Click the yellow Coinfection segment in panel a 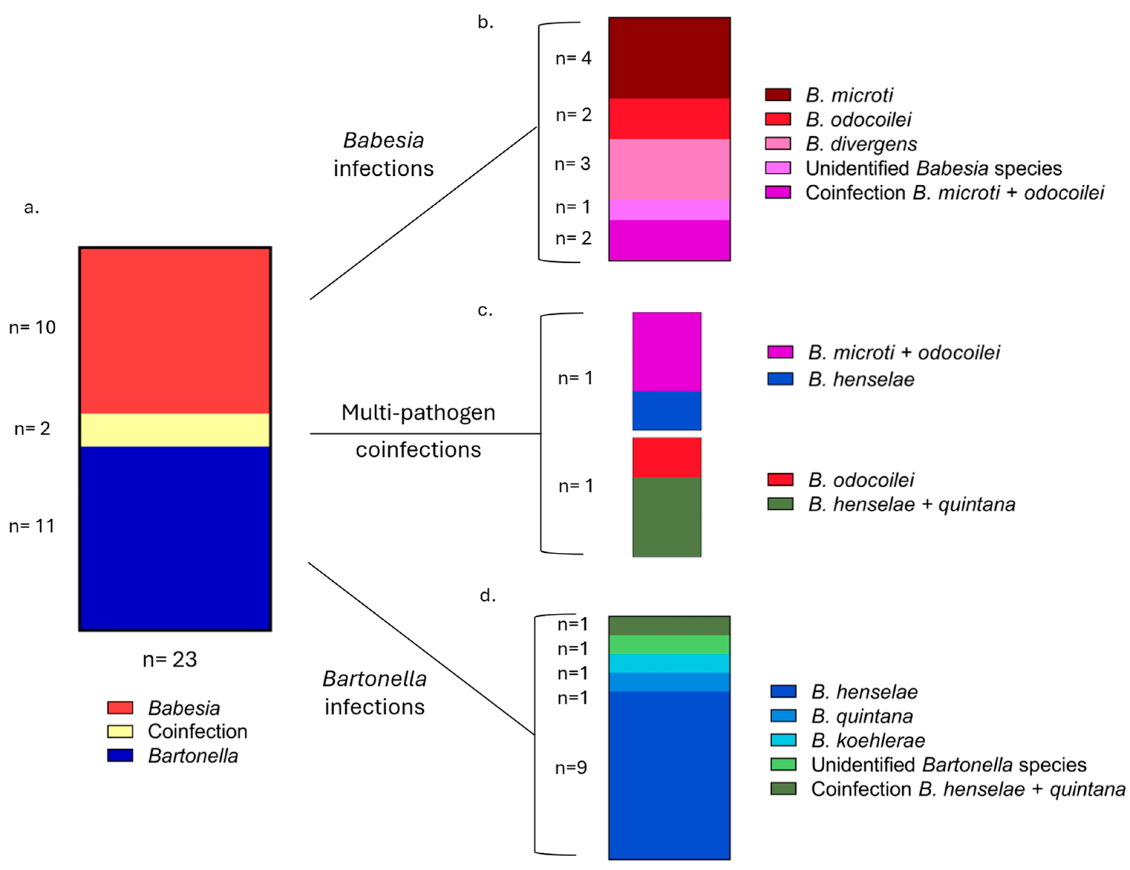175,429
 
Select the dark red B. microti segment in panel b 669,58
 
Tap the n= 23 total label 170,659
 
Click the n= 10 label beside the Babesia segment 32,327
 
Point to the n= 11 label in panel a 32,526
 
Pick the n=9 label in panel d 571,767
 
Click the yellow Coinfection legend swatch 120,731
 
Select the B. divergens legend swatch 778,144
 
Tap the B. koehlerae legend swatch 783,740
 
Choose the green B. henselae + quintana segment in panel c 667,517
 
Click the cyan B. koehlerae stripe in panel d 669,663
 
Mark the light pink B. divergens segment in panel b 669,169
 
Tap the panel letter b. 485,22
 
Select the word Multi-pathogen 418,412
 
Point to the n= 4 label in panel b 573,58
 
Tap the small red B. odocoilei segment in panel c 667,458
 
